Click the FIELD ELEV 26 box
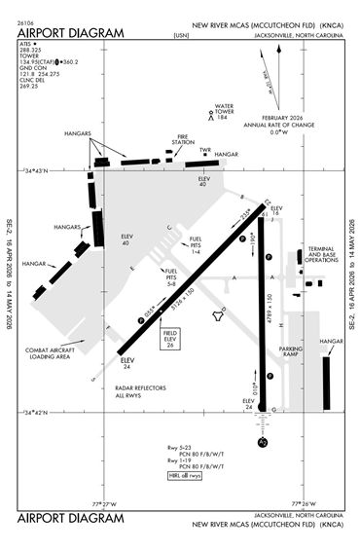(168, 339)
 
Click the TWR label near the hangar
(205, 151)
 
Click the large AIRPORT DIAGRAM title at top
(72, 33)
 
